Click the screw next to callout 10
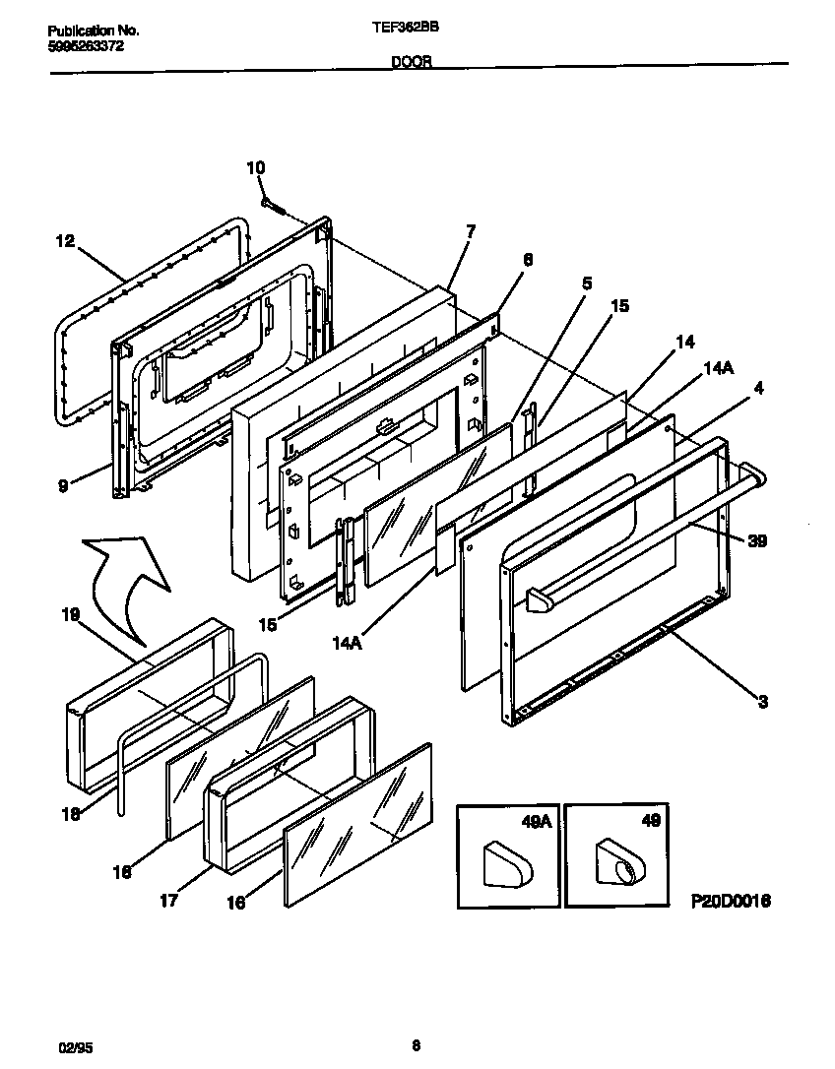coord(274,206)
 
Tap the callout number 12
coord(65,240)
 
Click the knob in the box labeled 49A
coord(508,864)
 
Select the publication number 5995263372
coord(86,46)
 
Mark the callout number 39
coord(756,540)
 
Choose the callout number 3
coord(762,702)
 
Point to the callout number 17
coord(169,900)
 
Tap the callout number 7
coord(471,231)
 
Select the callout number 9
coord(62,485)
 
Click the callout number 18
coord(68,813)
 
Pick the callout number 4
coord(759,388)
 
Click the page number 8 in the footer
coord(417,1046)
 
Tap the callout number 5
coord(587,283)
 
